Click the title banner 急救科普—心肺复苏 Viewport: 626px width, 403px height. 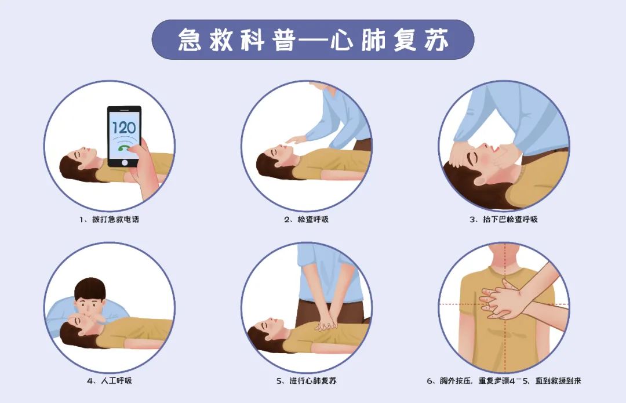point(313,39)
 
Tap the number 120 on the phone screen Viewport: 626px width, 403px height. point(123,128)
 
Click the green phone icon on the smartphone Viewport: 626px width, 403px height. point(123,148)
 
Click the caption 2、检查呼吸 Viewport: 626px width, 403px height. point(307,220)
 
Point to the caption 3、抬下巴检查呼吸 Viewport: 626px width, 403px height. point(503,220)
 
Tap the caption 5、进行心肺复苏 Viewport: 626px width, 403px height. point(307,381)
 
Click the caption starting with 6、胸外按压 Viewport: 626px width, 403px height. point(503,381)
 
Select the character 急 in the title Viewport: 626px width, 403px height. point(190,39)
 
